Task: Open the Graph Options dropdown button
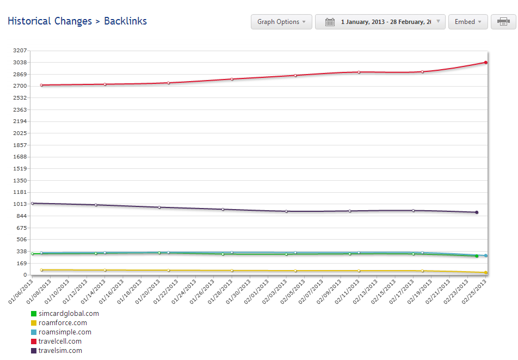(281, 22)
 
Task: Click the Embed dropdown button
(468, 22)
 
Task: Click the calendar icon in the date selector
(330, 22)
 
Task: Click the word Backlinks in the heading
(125, 21)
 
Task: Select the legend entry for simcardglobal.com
(69, 314)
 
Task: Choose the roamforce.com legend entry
(63, 323)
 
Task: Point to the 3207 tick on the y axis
(20, 50)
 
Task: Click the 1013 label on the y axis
(20, 204)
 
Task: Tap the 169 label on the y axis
(21, 263)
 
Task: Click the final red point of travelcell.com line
(485, 63)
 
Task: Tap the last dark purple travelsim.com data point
(477, 212)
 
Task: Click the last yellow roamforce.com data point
(485, 272)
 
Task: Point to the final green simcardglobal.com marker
(477, 256)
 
